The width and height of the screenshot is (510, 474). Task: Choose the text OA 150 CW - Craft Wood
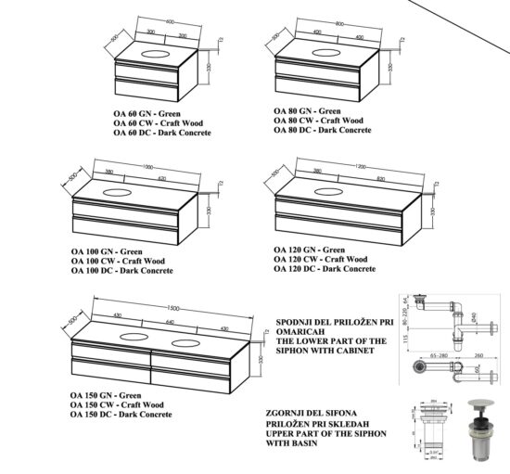pos(118,404)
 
